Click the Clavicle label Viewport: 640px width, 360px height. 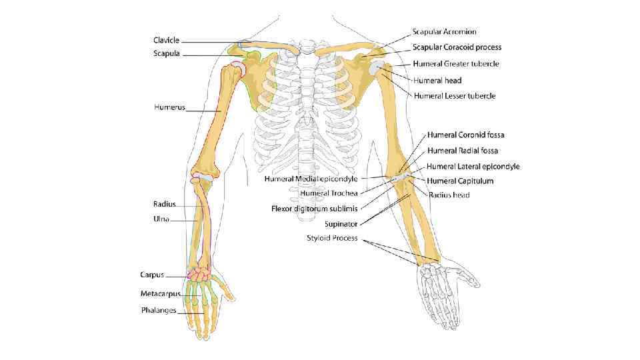(x=166, y=40)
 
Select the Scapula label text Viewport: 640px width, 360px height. (x=166, y=53)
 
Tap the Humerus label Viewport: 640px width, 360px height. (x=169, y=106)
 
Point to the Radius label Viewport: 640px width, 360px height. (x=164, y=204)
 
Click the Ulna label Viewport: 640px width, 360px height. (x=161, y=219)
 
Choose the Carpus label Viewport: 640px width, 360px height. (x=152, y=274)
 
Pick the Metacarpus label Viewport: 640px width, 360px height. (x=160, y=293)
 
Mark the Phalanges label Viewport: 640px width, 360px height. (x=159, y=310)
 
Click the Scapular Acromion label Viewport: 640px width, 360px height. (x=443, y=31)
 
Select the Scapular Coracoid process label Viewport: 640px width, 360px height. (x=457, y=47)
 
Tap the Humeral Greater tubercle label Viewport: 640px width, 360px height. (x=456, y=64)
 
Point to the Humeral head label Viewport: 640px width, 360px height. (x=437, y=80)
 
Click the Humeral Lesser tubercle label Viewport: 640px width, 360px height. (x=455, y=96)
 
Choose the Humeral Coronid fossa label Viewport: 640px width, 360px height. (x=465, y=135)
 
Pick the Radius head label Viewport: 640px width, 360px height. (x=449, y=195)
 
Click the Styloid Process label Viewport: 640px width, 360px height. (x=332, y=238)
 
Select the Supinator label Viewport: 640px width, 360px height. (x=341, y=223)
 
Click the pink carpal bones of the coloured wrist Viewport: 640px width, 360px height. (x=198, y=273)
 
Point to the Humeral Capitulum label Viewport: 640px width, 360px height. (x=460, y=181)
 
